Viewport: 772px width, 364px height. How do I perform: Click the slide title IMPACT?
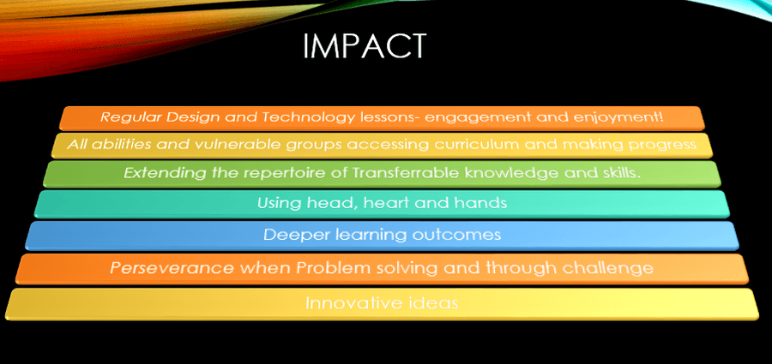coord(364,46)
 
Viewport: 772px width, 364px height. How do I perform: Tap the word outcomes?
coord(456,234)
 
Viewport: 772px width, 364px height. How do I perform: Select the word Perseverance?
coord(172,268)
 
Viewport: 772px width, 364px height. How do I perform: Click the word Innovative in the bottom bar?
coord(352,302)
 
